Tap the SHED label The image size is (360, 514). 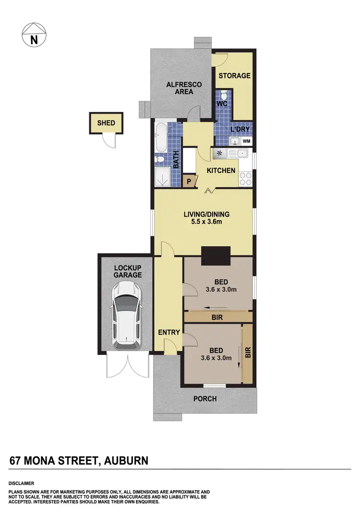(106, 123)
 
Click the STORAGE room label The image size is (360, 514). (235, 75)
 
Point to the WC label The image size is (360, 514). (222, 104)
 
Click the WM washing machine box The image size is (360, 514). (247, 141)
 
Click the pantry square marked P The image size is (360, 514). (189, 182)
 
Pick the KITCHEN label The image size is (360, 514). (221, 171)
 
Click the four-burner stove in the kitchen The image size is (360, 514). (246, 179)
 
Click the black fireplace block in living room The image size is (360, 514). (216, 256)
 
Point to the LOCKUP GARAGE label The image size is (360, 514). (128, 271)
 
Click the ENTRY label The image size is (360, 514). (168, 332)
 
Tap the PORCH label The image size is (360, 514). (205, 399)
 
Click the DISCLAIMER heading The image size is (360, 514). (21, 483)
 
